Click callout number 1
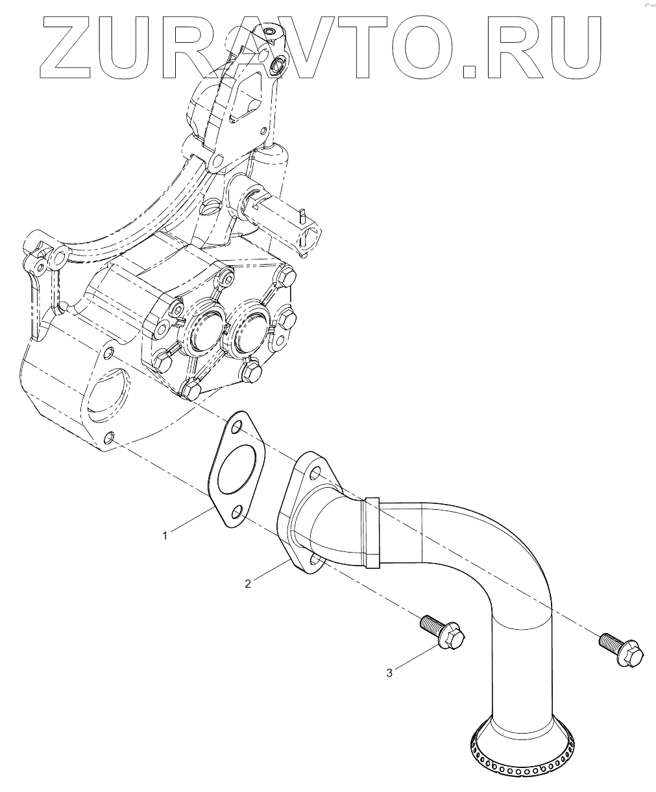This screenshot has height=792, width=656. click(x=165, y=535)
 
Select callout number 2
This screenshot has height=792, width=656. click(x=248, y=583)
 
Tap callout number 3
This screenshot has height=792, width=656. click(x=389, y=673)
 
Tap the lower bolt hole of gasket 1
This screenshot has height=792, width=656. click(x=237, y=514)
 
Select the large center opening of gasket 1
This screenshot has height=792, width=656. click(x=237, y=470)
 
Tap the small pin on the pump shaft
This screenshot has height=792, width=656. click(x=302, y=212)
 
